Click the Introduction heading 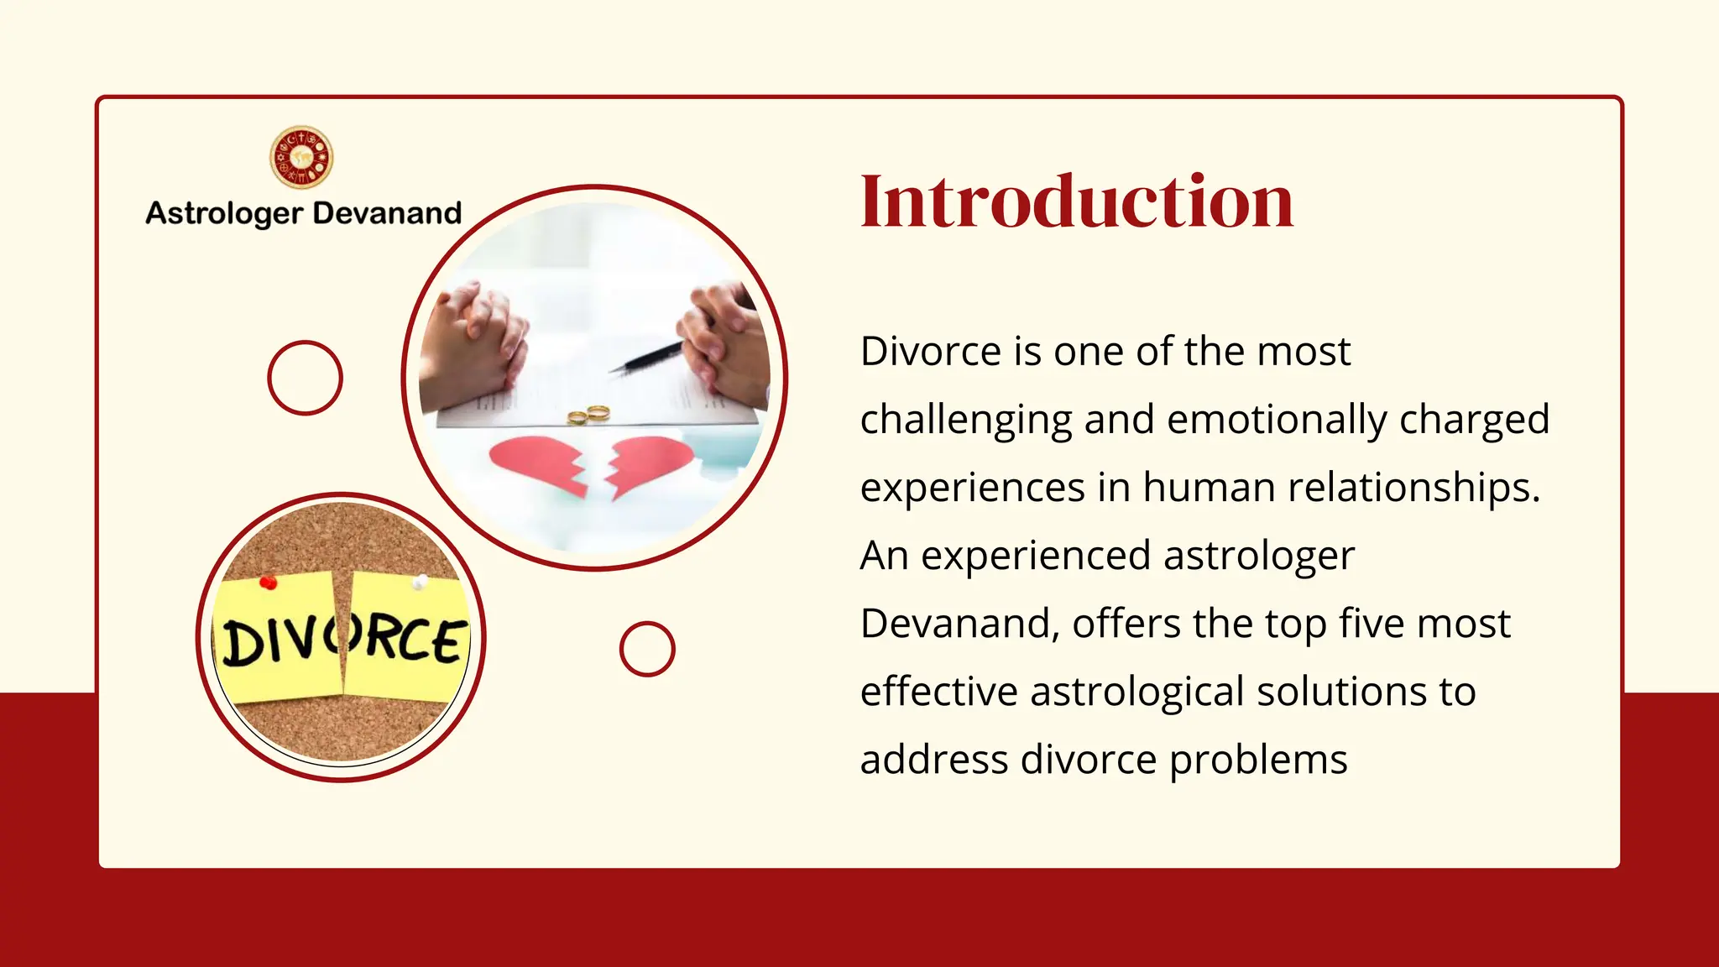1077,201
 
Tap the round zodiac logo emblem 301,158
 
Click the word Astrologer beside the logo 223,213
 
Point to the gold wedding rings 588,415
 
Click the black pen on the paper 645,358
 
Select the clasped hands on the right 724,340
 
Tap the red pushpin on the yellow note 268,583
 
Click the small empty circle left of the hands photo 305,378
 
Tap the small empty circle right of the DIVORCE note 647,649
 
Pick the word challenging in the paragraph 966,420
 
